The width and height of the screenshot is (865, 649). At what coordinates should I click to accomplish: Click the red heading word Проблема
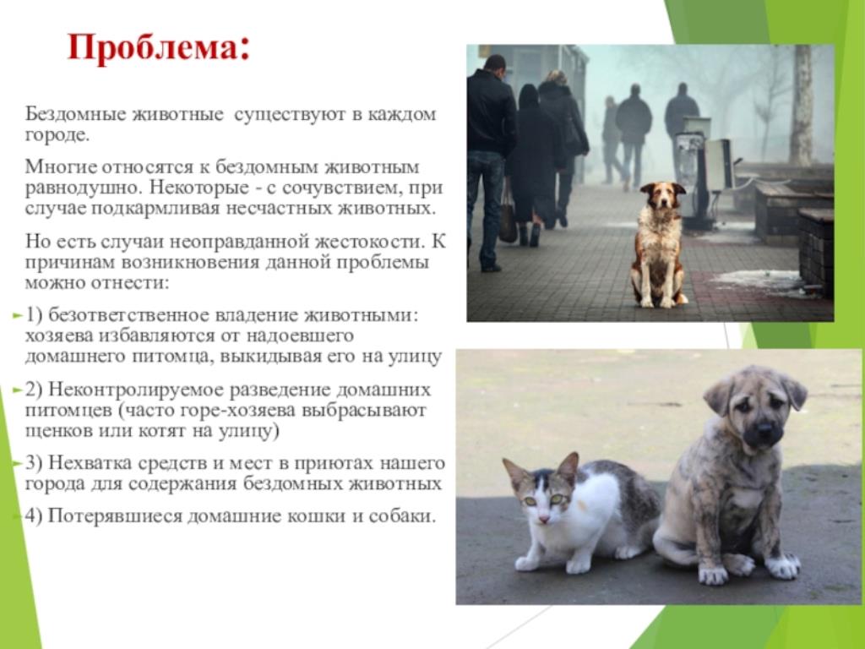154,47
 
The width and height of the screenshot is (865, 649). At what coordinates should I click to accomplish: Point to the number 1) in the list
34,315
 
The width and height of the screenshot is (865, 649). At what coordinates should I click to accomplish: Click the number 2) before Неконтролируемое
34,390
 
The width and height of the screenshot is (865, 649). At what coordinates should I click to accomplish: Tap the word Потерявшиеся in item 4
115,516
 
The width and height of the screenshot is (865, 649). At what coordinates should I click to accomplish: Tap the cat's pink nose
544,520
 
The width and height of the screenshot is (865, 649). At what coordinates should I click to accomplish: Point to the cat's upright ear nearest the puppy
569,468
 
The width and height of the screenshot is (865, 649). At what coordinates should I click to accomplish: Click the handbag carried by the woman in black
508,218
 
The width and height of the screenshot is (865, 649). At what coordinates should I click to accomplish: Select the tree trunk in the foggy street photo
801,105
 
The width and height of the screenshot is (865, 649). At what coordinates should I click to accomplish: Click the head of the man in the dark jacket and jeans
494,65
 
